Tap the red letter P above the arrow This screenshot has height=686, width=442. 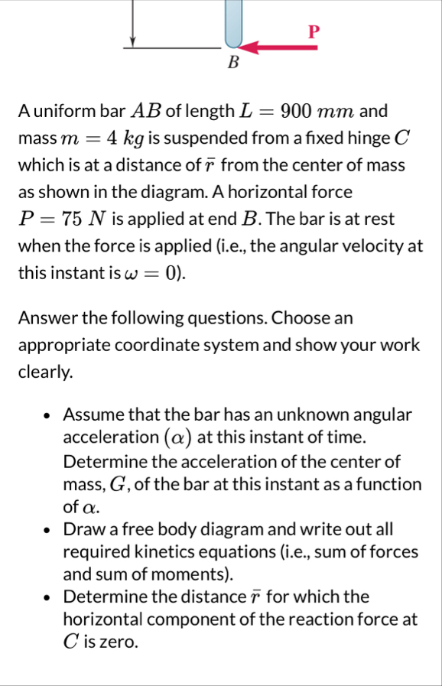[x=312, y=31]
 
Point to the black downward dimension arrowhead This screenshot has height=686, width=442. [x=133, y=40]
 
